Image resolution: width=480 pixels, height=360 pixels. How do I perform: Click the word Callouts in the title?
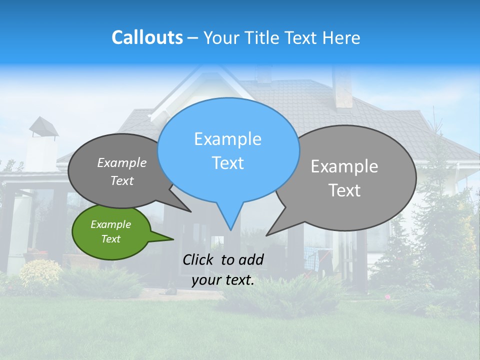(147, 37)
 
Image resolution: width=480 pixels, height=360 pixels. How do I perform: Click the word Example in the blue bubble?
(227, 139)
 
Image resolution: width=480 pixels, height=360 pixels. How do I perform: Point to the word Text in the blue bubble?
(227, 163)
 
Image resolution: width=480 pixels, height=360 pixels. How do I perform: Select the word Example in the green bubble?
(110, 224)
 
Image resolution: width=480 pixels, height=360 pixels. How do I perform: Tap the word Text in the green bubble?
(110, 239)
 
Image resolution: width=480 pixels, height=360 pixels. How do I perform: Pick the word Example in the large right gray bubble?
(344, 166)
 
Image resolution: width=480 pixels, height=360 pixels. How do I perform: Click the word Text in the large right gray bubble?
(344, 190)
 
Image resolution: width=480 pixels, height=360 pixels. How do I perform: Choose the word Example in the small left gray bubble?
(121, 162)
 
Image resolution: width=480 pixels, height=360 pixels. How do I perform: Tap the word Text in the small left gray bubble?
(121, 180)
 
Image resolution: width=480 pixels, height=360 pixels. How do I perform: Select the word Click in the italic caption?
(199, 259)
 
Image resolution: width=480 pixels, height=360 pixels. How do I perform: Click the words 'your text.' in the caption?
(223, 280)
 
